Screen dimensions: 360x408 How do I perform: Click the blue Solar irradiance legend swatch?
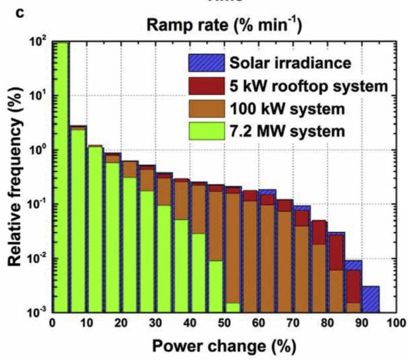coord(204,64)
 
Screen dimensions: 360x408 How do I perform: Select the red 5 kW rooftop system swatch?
coord(204,86)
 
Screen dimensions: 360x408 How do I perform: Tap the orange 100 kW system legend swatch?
coord(204,107)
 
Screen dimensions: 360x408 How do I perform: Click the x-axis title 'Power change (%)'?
coord(224,347)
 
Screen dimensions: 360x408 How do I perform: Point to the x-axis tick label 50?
coord(224,323)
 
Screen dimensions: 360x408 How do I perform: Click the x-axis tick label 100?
coord(396,323)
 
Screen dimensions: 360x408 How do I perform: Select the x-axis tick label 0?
coord(53,323)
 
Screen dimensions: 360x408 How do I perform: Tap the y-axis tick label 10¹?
coord(36,95)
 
